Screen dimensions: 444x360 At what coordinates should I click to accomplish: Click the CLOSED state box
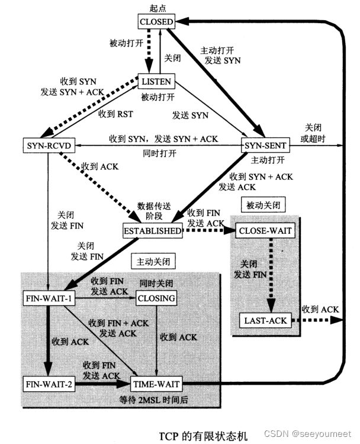pyautogui.click(x=156, y=22)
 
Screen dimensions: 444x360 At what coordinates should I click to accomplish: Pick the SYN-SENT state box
pyautogui.click(x=264, y=144)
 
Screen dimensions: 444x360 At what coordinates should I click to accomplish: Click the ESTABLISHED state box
pyautogui.click(x=152, y=231)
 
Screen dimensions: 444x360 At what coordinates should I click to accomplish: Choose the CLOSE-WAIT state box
pyautogui.click(x=264, y=230)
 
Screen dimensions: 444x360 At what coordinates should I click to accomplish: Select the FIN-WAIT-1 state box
pyautogui.click(x=49, y=298)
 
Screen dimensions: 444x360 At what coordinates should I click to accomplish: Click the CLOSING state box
pyautogui.click(x=156, y=298)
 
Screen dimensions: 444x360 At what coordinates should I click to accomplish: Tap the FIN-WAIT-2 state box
pyautogui.click(x=49, y=384)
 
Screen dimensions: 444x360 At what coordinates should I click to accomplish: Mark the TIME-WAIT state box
pyautogui.click(x=156, y=384)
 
